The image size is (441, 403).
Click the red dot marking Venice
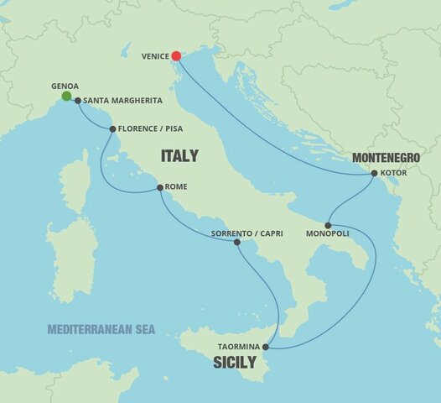176,57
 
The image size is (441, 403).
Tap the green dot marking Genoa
65,97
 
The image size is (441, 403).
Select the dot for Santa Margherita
77,101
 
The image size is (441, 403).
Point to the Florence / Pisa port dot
113,128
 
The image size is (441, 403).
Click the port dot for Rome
160,189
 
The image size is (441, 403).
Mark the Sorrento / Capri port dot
237,242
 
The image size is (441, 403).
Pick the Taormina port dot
266,347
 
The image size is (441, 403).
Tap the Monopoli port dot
328,225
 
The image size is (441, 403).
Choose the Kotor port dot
374,174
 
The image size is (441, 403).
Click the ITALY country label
179,155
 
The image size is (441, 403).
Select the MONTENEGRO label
386,157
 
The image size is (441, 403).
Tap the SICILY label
235,364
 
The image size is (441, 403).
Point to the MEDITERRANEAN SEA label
101,329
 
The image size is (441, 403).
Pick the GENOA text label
65,86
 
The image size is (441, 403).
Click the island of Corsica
76,181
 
